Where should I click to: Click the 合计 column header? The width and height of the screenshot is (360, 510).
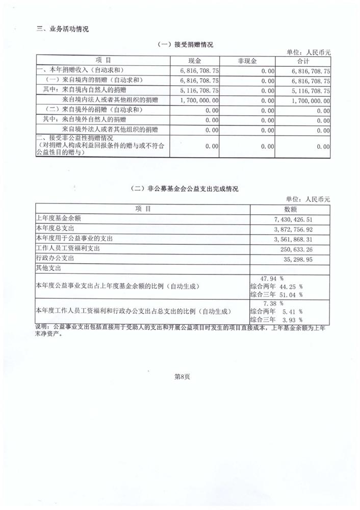click(x=304, y=61)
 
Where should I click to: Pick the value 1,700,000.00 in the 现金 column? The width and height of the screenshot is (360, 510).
click(x=199, y=101)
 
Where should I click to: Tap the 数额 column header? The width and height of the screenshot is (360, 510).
click(x=290, y=209)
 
